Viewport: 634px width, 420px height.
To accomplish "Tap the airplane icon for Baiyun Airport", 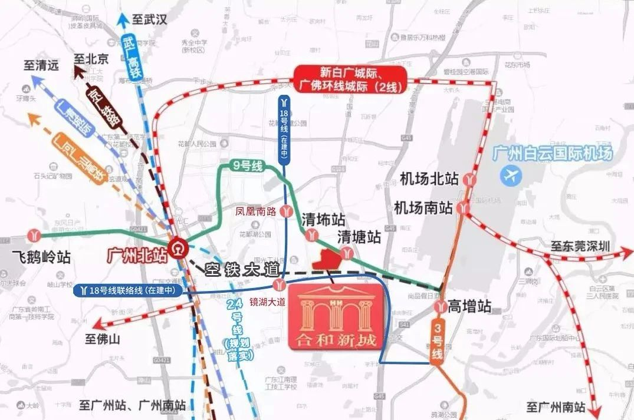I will click(x=511, y=174).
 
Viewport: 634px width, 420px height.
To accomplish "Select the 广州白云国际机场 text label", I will click(x=552, y=154).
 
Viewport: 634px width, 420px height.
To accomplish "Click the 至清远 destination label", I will click(x=41, y=65).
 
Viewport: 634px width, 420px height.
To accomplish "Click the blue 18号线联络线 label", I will click(x=127, y=290).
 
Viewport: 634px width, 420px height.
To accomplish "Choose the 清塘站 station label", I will click(x=359, y=237).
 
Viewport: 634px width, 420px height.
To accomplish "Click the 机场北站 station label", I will click(x=429, y=178).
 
